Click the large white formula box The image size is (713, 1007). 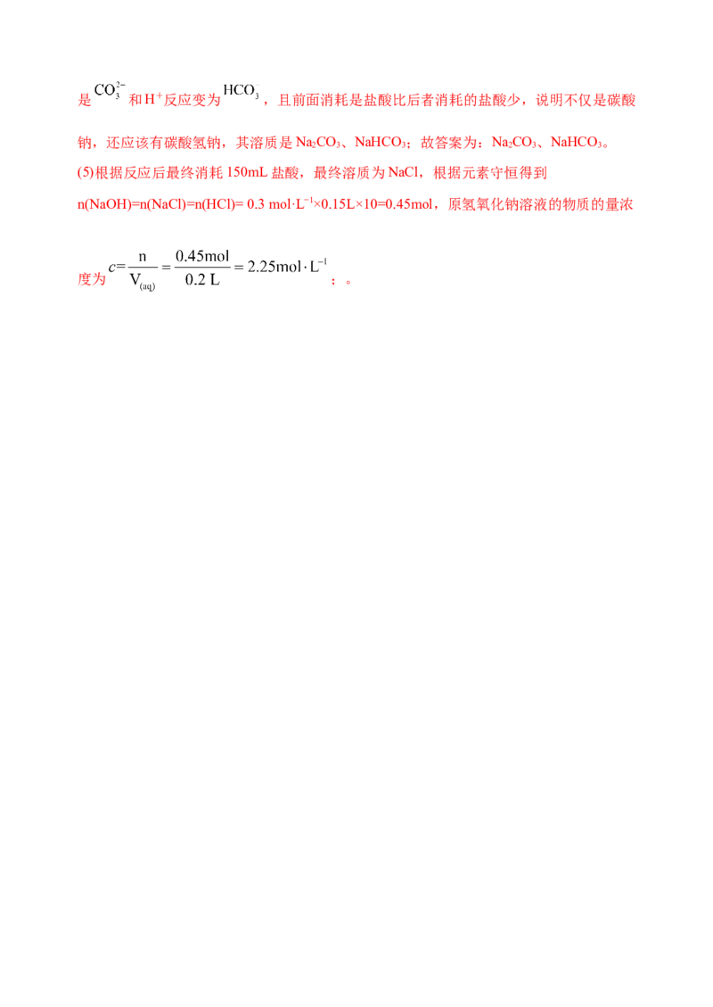[x=217, y=271]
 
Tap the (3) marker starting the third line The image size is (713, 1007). [x=78, y=171]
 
